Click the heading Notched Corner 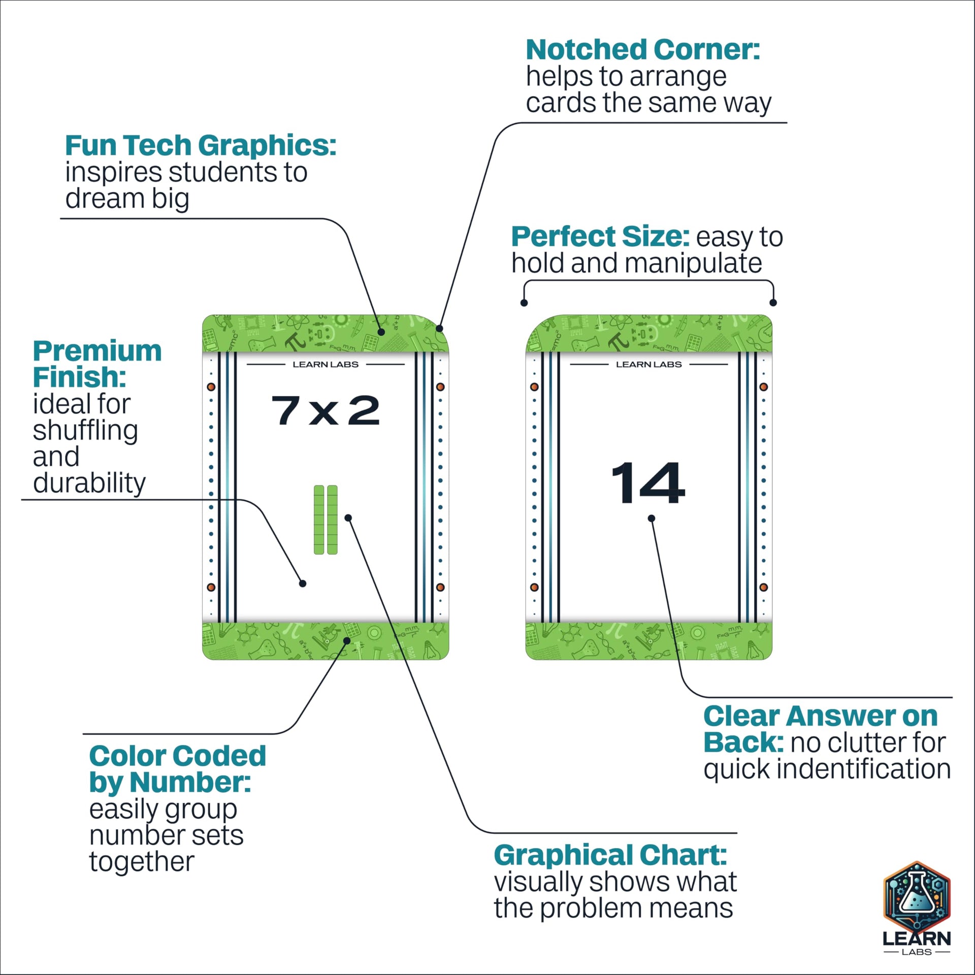tap(642, 50)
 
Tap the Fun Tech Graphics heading tap(200, 146)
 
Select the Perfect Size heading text tap(600, 237)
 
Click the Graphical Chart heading tap(610, 856)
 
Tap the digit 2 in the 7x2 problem tap(364, 410)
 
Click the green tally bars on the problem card tap(326, 519)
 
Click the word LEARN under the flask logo tap(916, 938)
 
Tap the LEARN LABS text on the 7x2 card tap(326, 365)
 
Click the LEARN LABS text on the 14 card tap(648, 365)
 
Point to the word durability tap(89, 483)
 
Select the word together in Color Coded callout tap(142, 862)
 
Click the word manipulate tap(693, 264)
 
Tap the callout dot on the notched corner tap(440, 329)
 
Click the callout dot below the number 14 tap(652, 518)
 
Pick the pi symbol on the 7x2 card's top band tap(295, 341)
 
